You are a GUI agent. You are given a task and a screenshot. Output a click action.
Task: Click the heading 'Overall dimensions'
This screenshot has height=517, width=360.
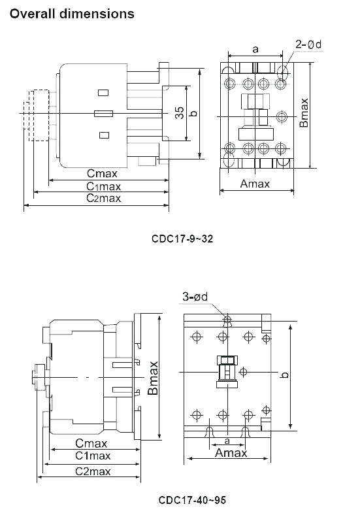[x=72, y=13]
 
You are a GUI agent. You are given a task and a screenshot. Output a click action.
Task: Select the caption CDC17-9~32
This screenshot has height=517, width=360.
[x=182, y=239]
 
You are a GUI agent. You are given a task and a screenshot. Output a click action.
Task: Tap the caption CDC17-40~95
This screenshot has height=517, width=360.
[x=192, y=500]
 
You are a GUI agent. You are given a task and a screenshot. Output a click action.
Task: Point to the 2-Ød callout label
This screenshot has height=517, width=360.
[x=308, y=44]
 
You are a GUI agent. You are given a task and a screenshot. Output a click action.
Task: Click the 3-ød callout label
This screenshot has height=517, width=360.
[x=195, y=297]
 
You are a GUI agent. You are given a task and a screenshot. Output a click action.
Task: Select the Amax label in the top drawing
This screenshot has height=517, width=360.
[x=255, y=184]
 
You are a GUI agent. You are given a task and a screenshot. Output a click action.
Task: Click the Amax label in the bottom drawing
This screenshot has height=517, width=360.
[x=231, y=453]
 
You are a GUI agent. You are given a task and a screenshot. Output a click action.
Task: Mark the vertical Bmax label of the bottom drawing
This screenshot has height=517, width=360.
[x=153, y=378]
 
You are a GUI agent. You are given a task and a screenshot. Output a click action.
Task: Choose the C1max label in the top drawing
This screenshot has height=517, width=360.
[x=104, y=186]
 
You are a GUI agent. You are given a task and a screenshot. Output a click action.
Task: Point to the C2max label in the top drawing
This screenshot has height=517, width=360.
[x=104, y=198]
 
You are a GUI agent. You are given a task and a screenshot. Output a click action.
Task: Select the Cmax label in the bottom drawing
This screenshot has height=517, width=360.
[x=91, y=443]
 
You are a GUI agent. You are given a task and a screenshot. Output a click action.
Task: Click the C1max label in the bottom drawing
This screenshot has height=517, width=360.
[x=92, y=456]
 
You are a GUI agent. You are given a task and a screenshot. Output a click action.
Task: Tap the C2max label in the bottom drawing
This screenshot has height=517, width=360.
[x=92, y=471]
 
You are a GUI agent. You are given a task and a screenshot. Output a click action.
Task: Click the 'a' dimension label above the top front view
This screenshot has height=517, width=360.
[x=255, y=49]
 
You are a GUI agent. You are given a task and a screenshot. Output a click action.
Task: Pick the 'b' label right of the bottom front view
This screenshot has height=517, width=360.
[x=284, y=375]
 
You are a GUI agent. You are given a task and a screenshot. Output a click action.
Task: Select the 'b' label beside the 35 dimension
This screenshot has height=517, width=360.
[x=192, y=113]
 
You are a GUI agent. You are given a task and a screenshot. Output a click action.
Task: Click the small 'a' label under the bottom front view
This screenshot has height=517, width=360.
[x=227, y=442]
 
